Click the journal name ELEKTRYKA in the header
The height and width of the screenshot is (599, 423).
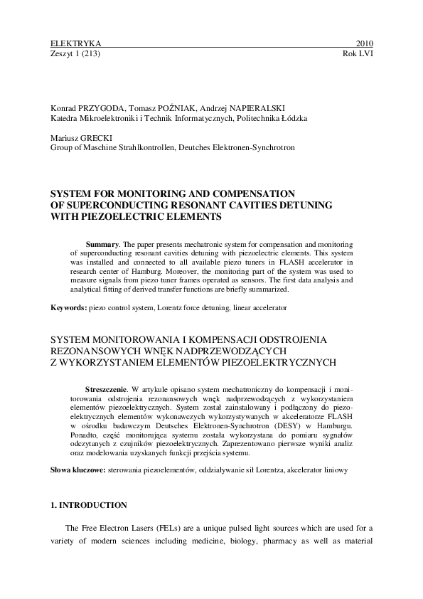[71, 43]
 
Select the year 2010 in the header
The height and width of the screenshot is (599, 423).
[363, 43]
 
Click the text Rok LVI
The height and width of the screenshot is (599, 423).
[358, 53]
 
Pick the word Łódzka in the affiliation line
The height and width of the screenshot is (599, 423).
[293, 117]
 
